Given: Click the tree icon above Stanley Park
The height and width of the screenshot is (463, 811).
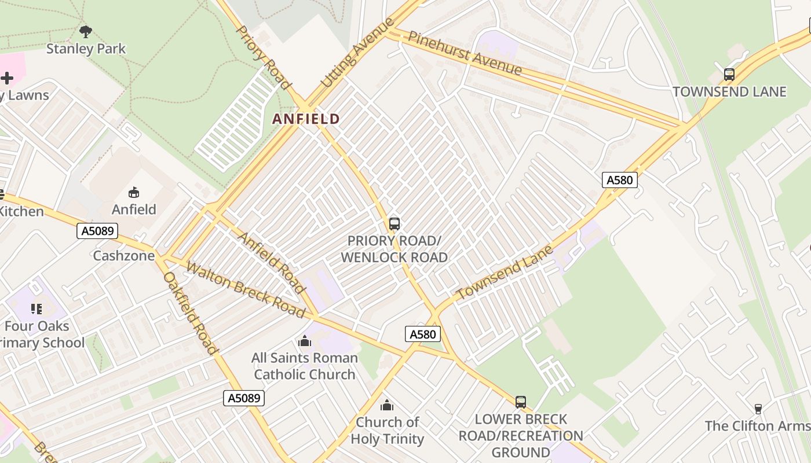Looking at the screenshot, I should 86,31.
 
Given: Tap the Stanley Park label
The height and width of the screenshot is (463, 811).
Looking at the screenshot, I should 86,49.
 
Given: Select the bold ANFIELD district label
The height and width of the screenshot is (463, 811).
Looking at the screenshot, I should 306,119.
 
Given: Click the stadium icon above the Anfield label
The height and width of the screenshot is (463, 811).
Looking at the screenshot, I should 134,193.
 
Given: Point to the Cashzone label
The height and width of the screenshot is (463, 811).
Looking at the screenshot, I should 124,256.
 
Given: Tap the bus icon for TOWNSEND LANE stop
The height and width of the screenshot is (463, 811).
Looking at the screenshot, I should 729,75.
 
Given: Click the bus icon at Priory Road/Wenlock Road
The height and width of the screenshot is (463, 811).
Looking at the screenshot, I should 394,223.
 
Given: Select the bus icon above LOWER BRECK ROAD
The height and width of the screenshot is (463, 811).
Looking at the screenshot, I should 521,402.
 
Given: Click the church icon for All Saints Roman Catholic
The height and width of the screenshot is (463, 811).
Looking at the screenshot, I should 305,341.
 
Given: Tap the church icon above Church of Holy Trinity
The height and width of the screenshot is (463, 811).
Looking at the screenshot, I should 387,405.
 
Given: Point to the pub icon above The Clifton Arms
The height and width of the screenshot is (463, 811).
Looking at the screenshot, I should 757,409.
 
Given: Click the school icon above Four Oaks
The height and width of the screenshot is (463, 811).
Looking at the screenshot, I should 36,309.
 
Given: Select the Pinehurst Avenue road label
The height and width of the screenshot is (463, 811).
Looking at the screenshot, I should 465,53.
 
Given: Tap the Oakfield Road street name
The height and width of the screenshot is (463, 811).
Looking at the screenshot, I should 190,313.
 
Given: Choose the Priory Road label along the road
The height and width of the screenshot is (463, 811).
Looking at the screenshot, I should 264,57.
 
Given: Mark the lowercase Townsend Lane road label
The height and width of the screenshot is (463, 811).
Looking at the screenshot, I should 505,273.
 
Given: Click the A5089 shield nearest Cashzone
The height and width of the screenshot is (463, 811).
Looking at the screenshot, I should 97,231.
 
